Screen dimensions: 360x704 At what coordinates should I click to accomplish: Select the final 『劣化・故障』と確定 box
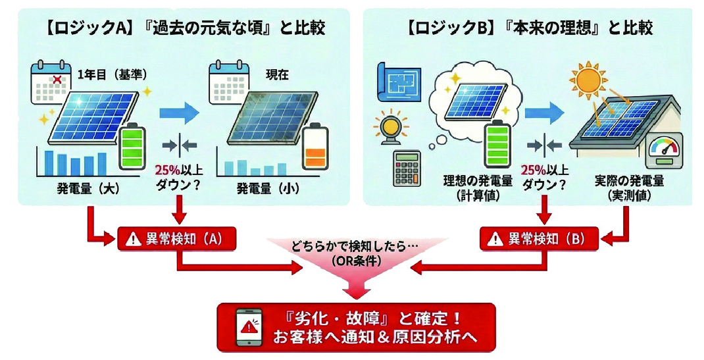click(355, 326)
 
